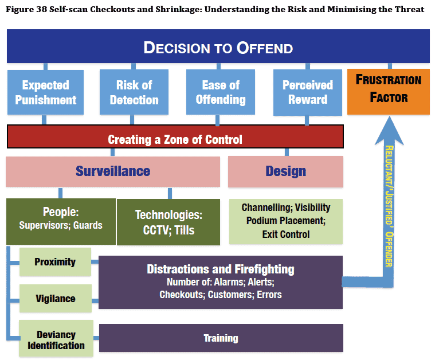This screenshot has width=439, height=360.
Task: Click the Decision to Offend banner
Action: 218,46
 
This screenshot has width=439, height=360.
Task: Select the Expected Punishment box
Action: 45,92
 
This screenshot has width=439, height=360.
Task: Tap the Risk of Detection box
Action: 134,92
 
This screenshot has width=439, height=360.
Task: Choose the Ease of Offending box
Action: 221,92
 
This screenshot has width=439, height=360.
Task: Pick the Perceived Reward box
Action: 307,92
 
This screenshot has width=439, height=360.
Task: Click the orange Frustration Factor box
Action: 389,92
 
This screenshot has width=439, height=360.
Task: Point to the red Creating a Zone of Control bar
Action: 175,136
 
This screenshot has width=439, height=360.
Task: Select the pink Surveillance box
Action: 113,171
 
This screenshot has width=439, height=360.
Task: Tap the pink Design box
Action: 285,171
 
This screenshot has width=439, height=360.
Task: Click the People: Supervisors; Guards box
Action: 61,221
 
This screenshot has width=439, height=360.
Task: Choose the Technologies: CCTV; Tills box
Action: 168,222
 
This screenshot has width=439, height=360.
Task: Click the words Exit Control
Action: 286,234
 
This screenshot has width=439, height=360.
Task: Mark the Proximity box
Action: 55,262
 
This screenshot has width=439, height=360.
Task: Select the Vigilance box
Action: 56,299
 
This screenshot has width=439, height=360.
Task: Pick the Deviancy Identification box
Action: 56,339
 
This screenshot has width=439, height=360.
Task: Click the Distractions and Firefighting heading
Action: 221,269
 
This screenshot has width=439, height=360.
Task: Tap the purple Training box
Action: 221,338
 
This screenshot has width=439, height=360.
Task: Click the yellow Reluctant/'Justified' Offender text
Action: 389,206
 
